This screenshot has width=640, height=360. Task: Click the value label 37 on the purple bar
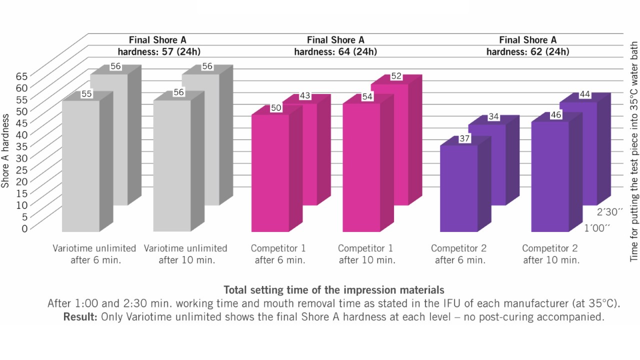coord(464,139)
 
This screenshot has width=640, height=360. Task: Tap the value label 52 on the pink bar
coord(396,76)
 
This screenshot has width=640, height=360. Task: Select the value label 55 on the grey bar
coord(86,93)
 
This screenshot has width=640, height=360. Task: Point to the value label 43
coord(304,96)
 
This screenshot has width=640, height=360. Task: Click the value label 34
coord(493,117)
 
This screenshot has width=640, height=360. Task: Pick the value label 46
coord(555,115)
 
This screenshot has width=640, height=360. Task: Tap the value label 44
coord(585,94)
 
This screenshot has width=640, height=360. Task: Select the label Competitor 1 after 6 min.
coord(278,254)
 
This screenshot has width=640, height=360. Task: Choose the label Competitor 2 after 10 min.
coord(550,254)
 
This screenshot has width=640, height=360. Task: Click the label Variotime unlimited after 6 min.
coord(94,254)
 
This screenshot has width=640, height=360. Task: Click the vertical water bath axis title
coord(633,150)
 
